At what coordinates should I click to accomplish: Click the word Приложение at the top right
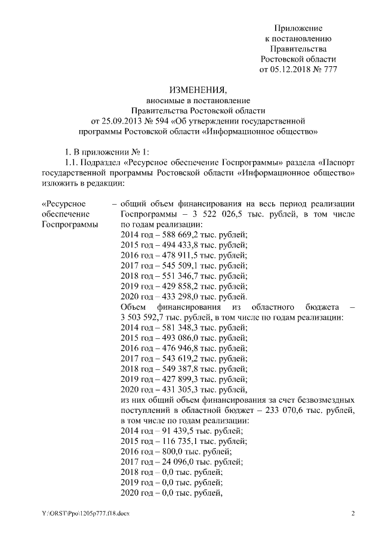pyautogui.click(x=298, y=28)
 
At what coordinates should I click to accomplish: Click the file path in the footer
pyautogui.click(x=85, y=513)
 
